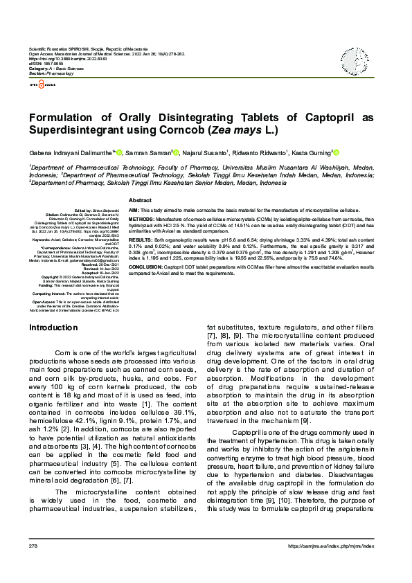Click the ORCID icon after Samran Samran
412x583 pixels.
point(177,152)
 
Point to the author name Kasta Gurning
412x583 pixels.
point(313,153)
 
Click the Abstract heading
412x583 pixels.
point(140,199)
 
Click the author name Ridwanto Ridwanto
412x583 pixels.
point(260,153)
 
